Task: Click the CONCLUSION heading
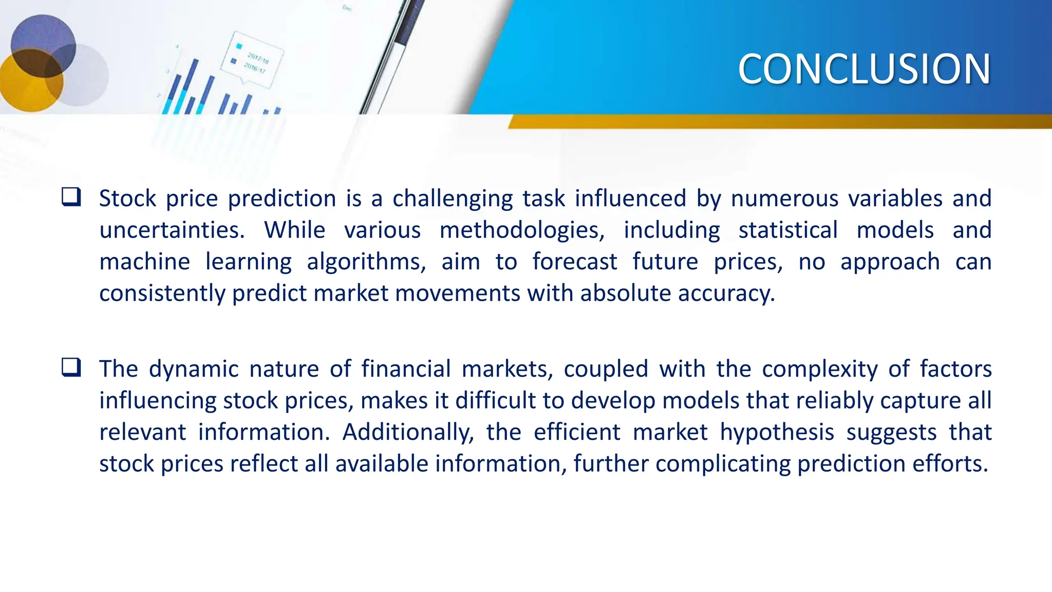[x=864, y=69]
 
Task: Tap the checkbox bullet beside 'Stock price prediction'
[x=71, y=197]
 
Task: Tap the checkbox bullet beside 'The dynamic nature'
[x=71, y=367]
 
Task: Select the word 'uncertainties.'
[x=172, y=230]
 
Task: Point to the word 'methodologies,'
[x=522, y=231]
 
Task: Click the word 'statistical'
[x=788, y=230]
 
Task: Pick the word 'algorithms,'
[x=366, y=263]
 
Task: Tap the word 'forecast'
[x=574, y=262]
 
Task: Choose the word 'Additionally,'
[x=408, y=432]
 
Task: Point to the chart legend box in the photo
[x=252, y=59]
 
